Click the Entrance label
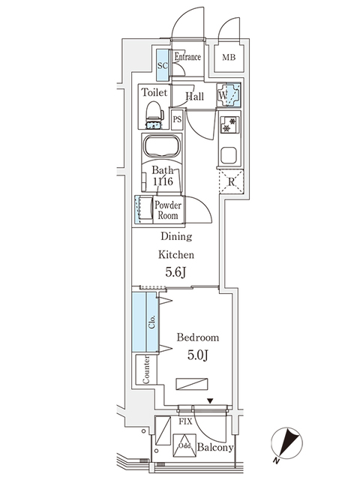[x=187, y=57]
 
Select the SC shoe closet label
[x=162, y=64]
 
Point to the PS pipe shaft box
[x=178, y=119]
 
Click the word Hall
[x=195, y=97]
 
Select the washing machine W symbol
[x=229, y=95]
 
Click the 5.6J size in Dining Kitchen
[x=175, y=272]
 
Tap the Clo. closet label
[x=152, y=322]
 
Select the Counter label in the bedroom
[x=147, y=369]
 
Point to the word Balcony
[x=217, y=448]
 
